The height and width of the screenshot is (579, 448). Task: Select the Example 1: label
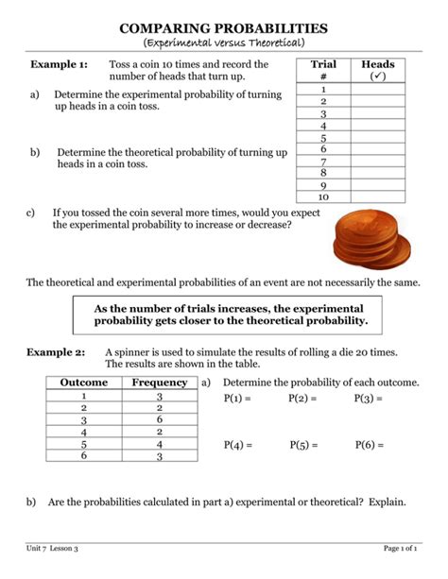tap(59, 64)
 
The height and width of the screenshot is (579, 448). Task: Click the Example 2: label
tap(59, 351)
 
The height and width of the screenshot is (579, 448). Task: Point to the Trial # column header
tap(323, 70)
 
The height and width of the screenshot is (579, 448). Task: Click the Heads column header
tap(378, 70)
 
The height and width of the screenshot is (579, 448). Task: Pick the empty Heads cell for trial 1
tap(378, 89)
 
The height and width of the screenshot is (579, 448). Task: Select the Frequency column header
tap(159, 383)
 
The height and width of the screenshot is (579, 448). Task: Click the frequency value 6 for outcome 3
tap(160, 419)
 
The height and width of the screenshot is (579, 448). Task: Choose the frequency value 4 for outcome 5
tap(160, 444)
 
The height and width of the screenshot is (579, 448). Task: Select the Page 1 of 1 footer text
tap(401, 549)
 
